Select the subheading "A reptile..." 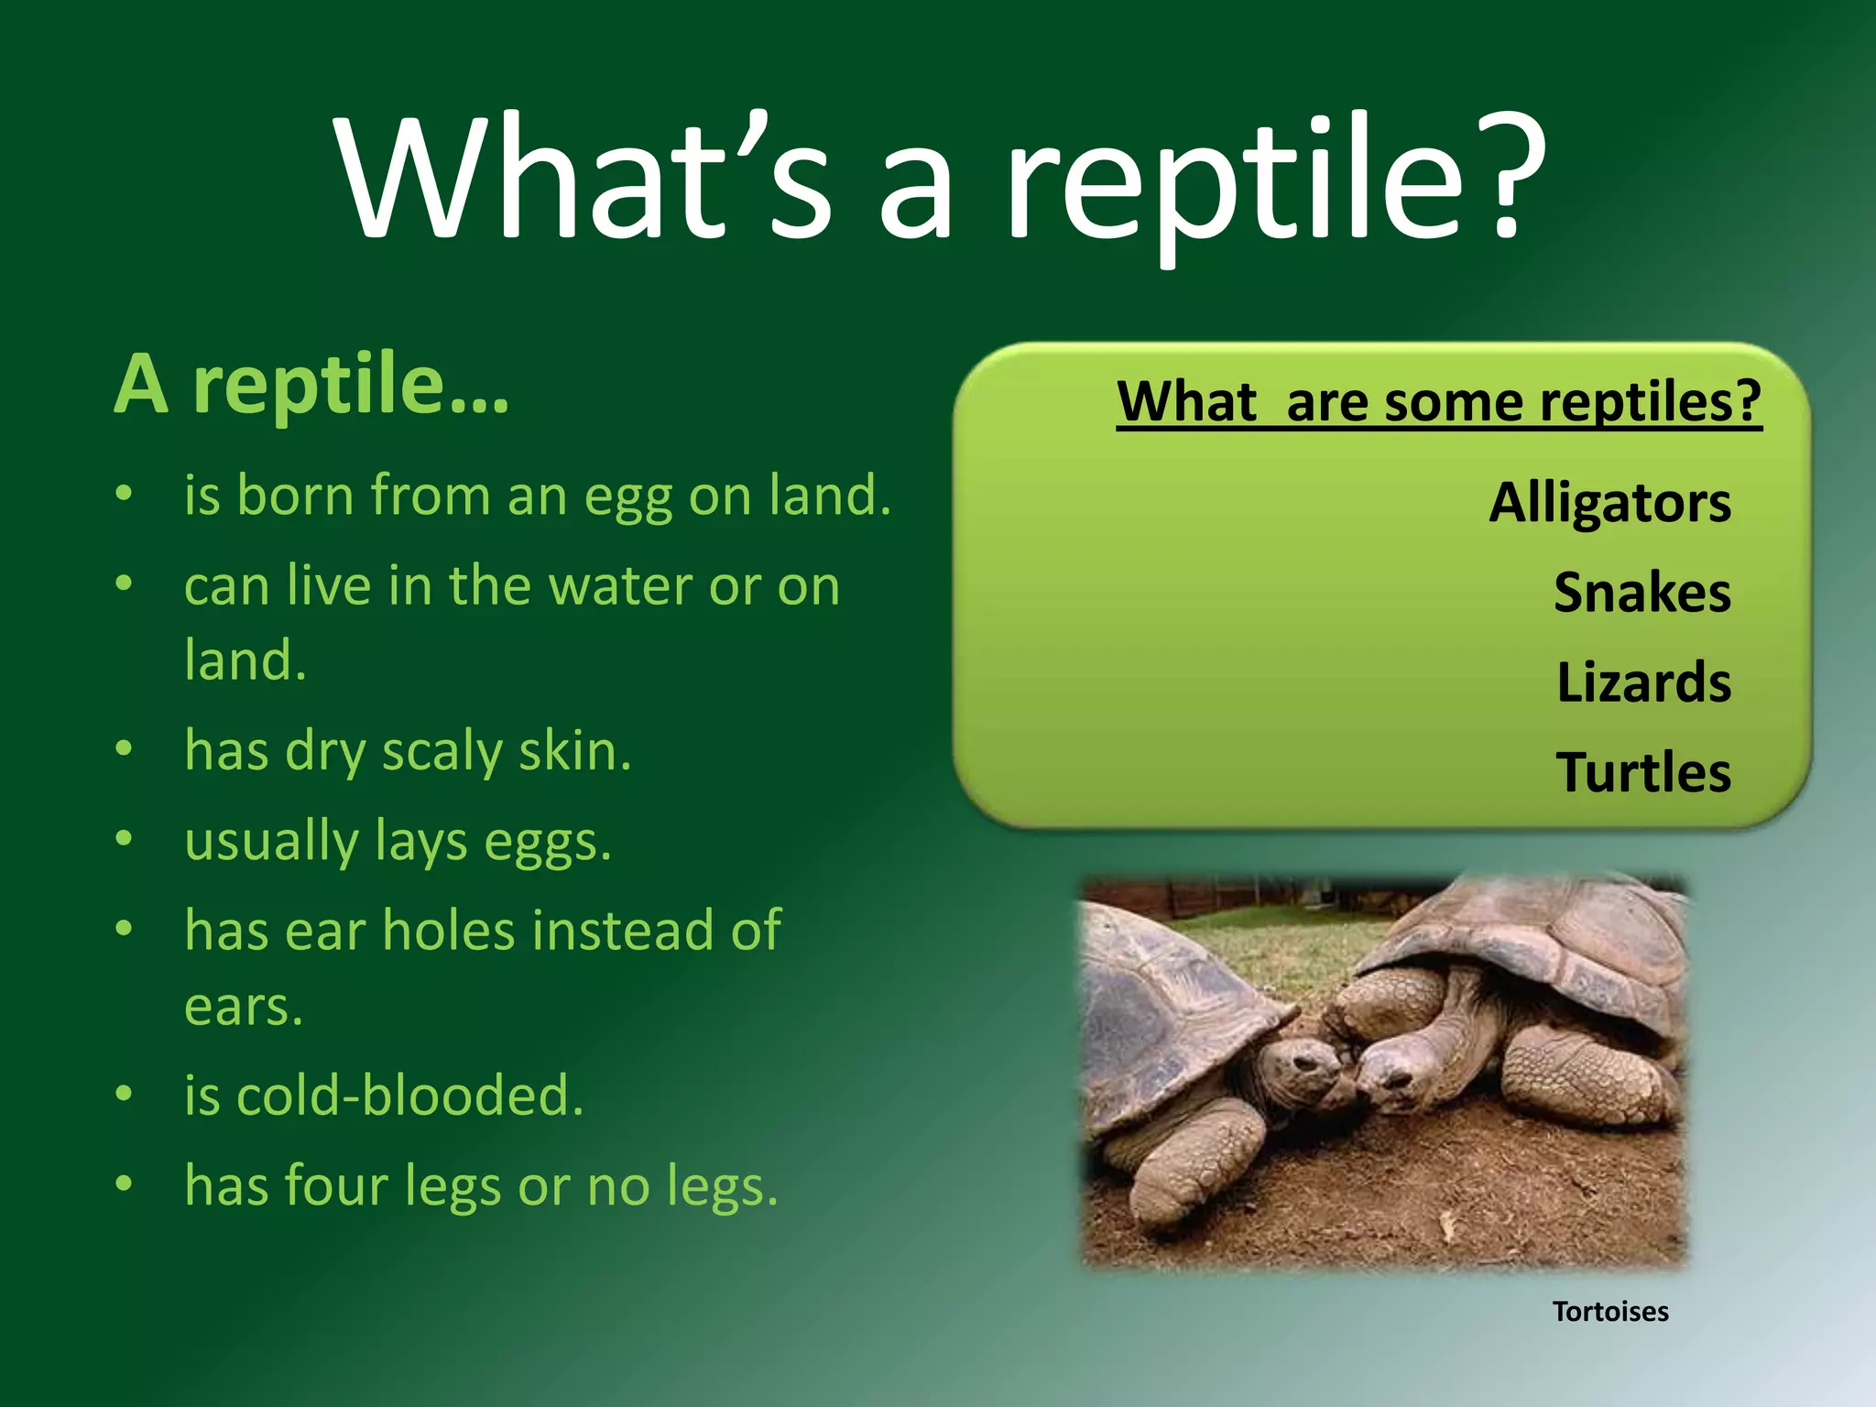tap(311, 385)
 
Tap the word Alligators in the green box tap(1609, 503)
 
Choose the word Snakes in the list tap(1641, 593)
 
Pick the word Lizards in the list tap(1643, 682)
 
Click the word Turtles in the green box tap(1643, 772)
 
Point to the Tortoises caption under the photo tap(1609, 1312)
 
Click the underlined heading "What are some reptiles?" tap(1438, 401)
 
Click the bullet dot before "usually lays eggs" tap(125, 839)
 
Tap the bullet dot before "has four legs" tap(125, 1183)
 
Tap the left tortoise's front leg tap(1191, 1163)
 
